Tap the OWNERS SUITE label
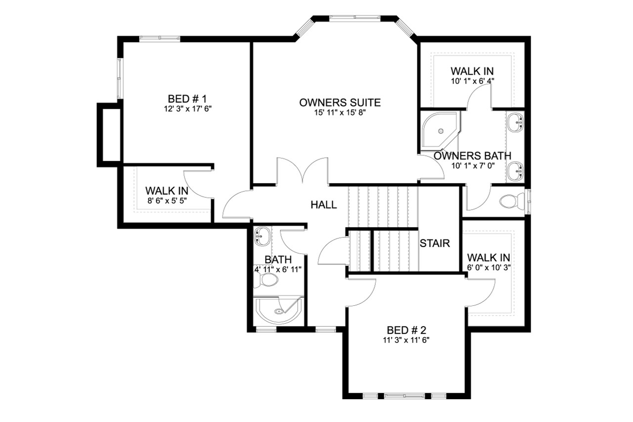(340, 103)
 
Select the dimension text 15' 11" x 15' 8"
(340, 113)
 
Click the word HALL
(324, 205)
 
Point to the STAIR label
(435, 243)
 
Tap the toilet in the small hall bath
(267, 280)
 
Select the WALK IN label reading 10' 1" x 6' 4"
(471, 71)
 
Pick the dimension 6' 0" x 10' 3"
(489, 267)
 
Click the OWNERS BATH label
(472, 156)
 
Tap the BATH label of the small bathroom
(278, 259)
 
